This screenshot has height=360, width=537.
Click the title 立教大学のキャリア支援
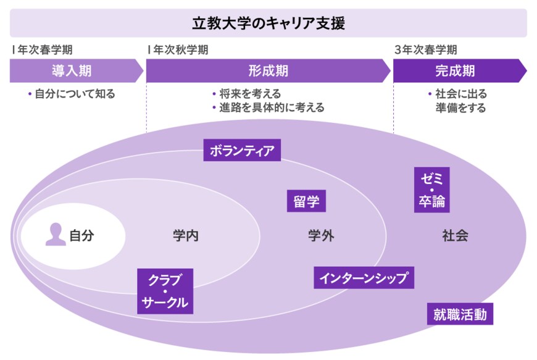click(268, 23)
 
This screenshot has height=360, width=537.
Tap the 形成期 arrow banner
click(268, 71)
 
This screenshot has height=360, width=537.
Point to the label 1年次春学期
click(41, 50)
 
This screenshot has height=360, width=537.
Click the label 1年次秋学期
click(178, 50)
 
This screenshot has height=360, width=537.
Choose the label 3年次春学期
click(426, 50)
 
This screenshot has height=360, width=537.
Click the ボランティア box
click(242, 150)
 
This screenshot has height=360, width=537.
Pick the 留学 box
click(306, 201)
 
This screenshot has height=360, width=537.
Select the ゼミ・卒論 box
click(432, 190)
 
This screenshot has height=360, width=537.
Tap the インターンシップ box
click(364, 278)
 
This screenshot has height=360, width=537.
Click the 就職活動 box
click(460, 315)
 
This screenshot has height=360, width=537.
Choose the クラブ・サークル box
click(165, 291)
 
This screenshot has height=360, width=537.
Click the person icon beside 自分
click(56, 235)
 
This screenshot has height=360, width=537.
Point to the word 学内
click(185, 235)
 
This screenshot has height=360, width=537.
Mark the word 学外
click(321, 235)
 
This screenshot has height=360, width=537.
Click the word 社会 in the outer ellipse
click(455, 235)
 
